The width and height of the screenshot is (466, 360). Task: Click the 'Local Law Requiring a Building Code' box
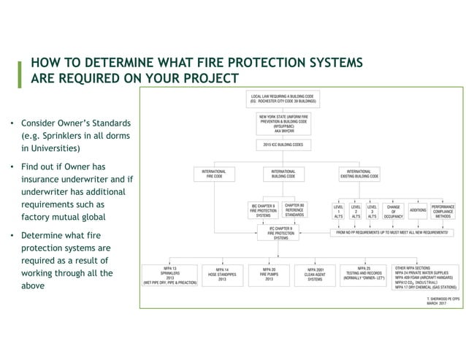(283, 99)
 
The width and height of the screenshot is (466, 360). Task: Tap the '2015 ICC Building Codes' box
(283, 145)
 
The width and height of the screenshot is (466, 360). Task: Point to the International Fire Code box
(213, 174)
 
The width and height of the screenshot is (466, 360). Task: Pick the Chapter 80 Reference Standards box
(295, 210)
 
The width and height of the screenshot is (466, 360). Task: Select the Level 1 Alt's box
(338, 210)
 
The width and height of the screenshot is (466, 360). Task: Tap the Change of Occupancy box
(393, 210)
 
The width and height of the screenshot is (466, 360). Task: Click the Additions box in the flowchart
(419, 210)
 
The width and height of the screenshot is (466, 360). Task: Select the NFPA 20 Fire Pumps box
(269, 274)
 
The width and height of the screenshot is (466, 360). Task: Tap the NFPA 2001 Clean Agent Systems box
(315, 274)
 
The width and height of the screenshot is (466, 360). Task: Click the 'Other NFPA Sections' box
(426, 276)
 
